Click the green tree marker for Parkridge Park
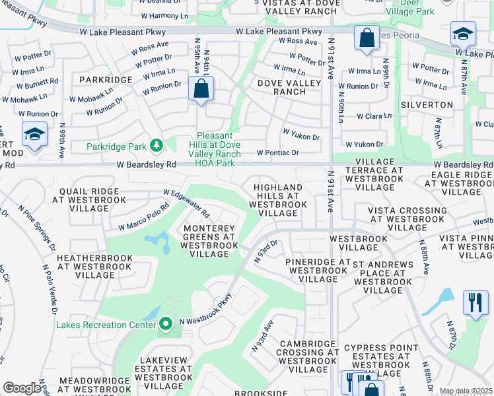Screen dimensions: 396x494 point(157,145)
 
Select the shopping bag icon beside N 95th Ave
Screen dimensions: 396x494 point(201,88)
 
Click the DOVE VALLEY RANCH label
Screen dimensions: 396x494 point(282,87)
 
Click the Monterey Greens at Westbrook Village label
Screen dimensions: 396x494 point(208,241)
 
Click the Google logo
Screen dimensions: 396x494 point(22,388)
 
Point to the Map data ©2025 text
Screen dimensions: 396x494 point(466,391)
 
